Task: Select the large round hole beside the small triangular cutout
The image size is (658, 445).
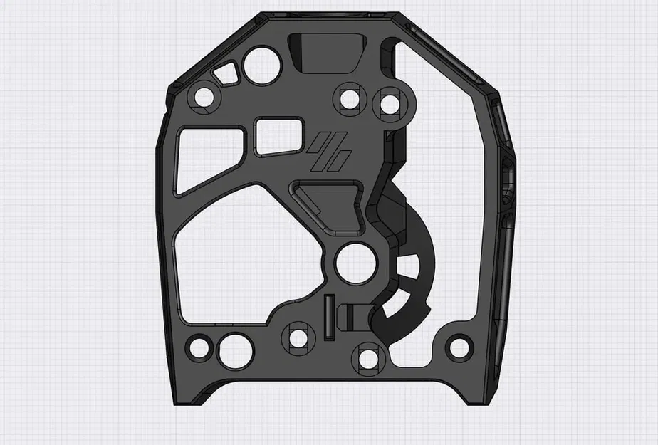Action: click(x=262, y=65)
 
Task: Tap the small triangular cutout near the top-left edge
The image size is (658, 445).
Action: click(x=227, y=73)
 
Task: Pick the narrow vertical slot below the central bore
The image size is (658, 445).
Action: click(x=328, y=315)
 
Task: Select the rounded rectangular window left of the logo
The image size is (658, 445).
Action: click(x=278, y=136)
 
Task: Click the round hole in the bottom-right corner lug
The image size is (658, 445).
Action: click(x=459, y=348)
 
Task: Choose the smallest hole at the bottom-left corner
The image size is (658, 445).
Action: click(x=199, y=349)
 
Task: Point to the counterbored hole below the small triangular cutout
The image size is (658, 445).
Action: click(x=204, y=96)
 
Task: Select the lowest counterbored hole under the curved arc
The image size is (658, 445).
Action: click(x=370, y=355)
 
